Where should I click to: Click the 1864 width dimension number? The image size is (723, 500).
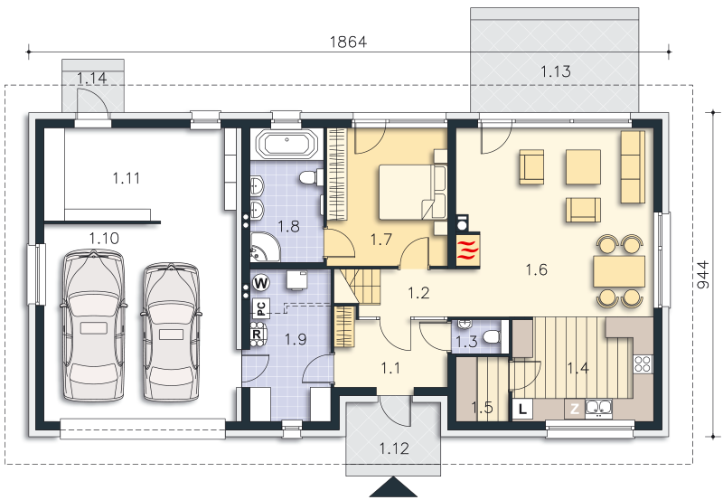click(348, 42)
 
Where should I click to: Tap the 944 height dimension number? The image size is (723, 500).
click(703, 275)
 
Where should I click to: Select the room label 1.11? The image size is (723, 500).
click(127, 178)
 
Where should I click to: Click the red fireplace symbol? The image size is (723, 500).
click(468, 249)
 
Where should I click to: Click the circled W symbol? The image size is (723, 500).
click(261, 282)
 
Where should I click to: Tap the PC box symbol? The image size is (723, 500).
click(260, 308)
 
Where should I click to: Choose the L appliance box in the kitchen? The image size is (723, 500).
click(522, 409)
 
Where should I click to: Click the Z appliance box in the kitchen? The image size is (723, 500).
click(575, 409)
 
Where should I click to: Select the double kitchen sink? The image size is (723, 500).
click(599, 408)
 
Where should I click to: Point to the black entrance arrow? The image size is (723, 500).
click(393, 487)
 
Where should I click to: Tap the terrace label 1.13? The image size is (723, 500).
click(556, 71)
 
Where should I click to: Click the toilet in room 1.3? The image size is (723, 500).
click(491, 336)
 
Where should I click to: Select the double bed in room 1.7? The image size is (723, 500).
click(412, 192)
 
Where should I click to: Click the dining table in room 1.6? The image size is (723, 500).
click(619, 271)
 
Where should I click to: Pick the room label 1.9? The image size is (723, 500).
click(296, 339)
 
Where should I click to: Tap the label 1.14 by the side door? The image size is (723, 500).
click(92, 78)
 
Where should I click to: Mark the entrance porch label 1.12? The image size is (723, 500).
click(394, 448)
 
